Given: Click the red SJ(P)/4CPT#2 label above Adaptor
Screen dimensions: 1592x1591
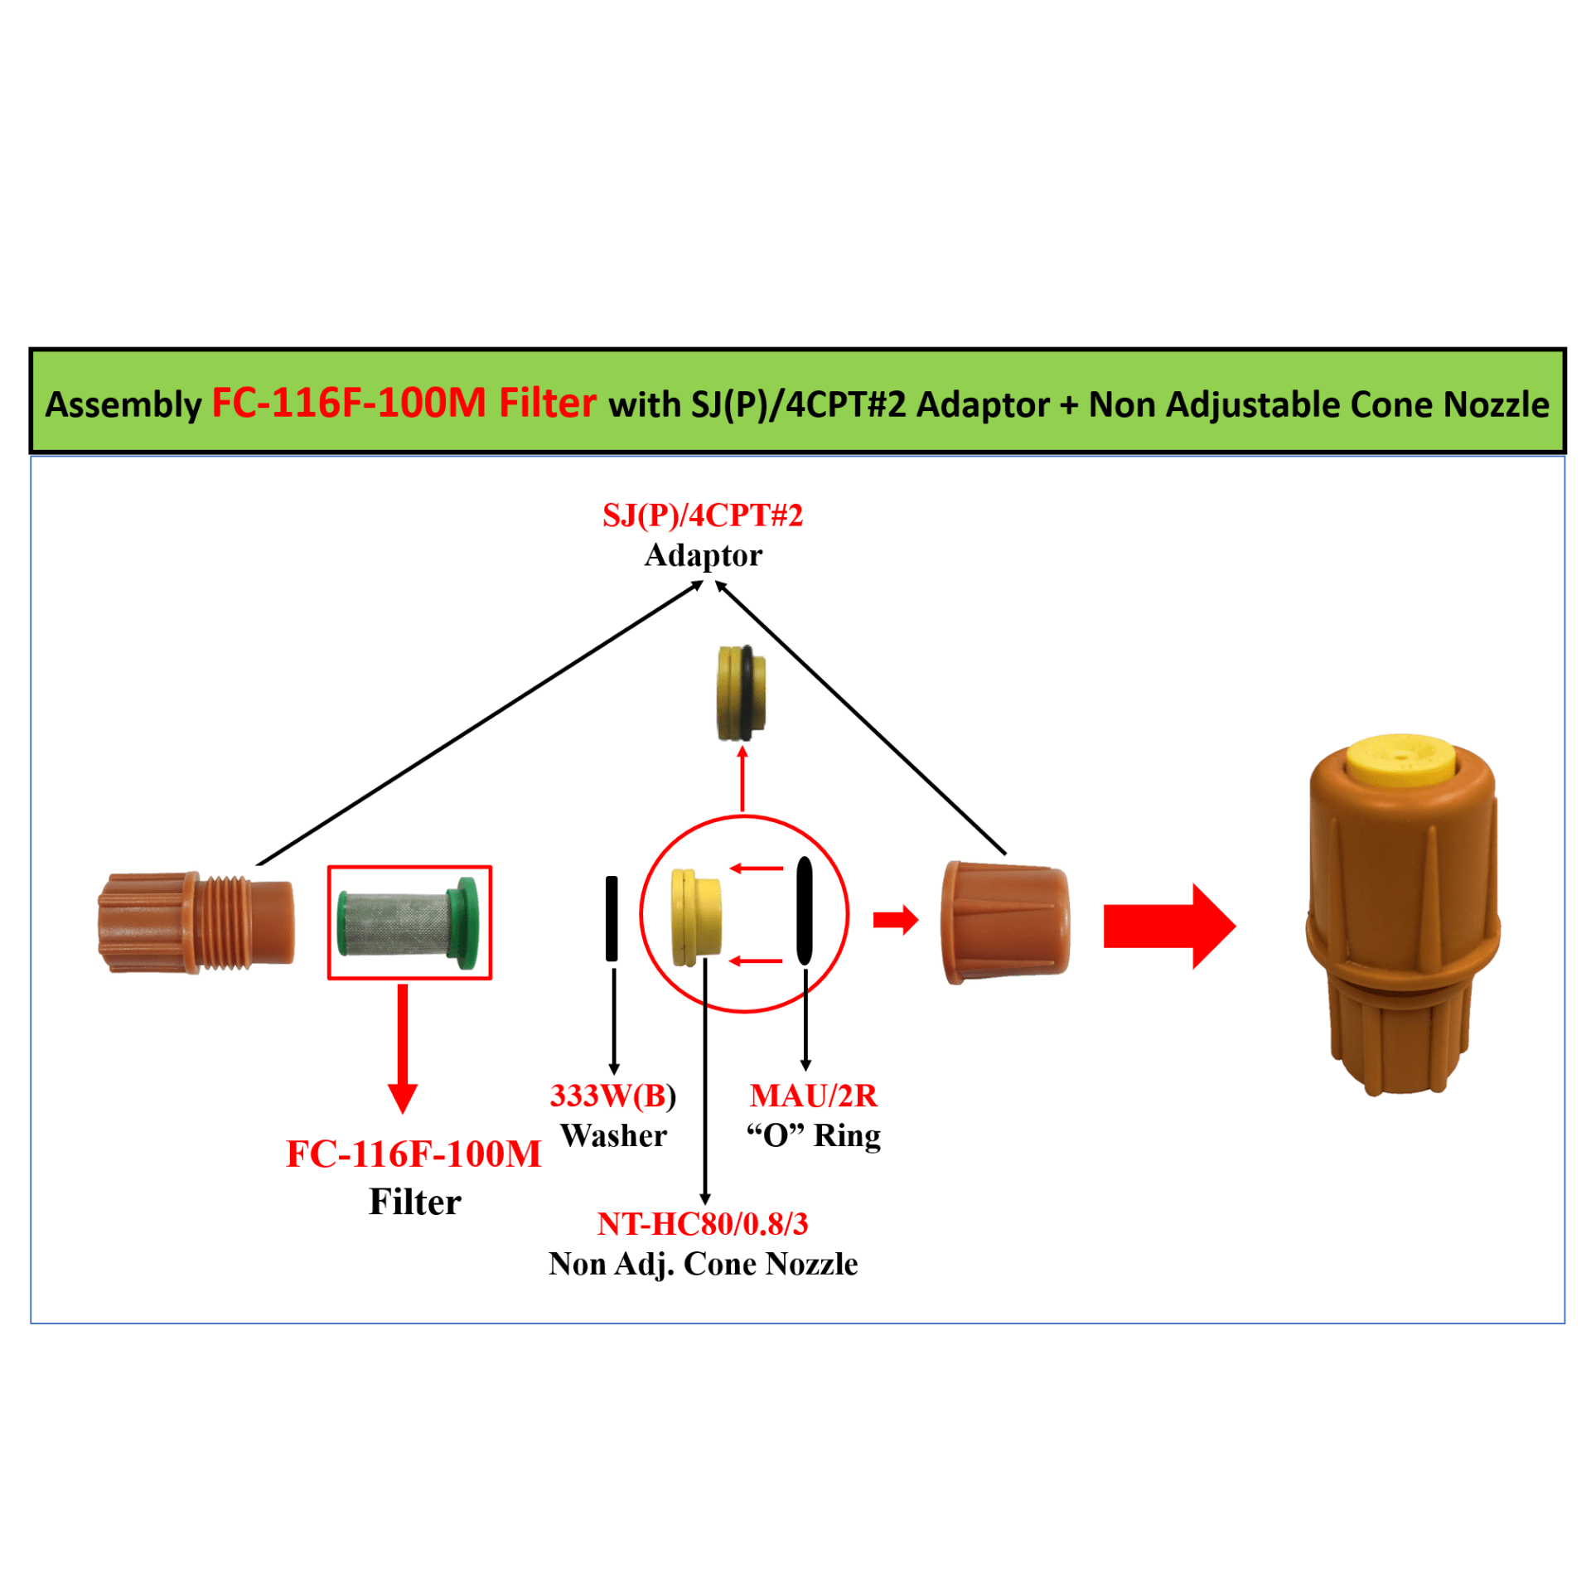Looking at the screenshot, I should coord(702,515).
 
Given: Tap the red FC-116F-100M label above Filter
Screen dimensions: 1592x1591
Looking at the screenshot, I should coord(413,1154).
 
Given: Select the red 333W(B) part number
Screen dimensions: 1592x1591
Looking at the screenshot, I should coord(612,1096).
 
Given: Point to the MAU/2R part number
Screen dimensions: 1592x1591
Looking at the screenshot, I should coord(813,1096).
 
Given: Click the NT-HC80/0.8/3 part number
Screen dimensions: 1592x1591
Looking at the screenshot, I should coord(702,1223).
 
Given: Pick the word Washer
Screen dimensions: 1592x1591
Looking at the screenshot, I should coord(613,1135).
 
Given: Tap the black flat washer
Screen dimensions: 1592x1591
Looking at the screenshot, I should coord(612,918).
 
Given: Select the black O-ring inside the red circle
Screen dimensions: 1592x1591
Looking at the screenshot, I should coord(804,911).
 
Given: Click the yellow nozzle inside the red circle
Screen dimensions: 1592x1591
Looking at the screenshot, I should coord(695,917).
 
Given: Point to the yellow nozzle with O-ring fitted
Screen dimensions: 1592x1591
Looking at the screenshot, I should coord(741,693).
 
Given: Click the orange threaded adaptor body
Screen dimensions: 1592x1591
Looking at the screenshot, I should coord(196,922).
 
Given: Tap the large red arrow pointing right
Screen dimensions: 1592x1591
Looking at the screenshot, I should coord(1168,926).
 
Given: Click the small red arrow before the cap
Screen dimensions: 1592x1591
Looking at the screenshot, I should coord(896,919).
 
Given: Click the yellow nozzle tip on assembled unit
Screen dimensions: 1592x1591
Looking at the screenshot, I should coord(1400,759).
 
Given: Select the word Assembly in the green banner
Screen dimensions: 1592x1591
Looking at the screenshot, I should coord(123,404).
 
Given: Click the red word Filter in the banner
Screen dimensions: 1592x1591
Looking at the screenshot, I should coord(547,403).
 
